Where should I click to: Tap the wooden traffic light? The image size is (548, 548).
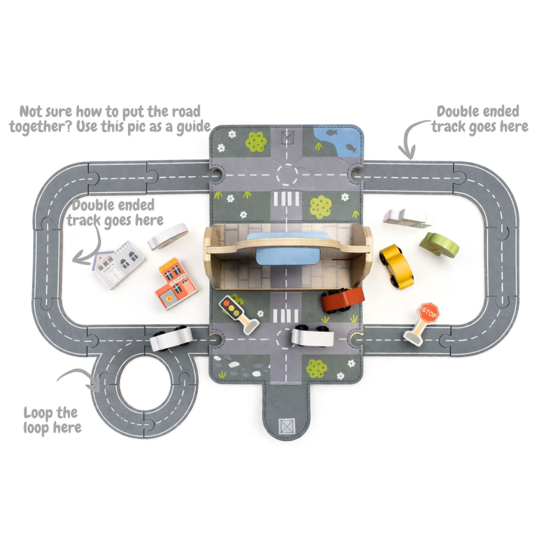point(238,315)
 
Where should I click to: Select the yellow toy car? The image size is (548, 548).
point(396,266)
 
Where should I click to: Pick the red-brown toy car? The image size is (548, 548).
point(342,299)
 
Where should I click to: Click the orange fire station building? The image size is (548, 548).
point(176,284)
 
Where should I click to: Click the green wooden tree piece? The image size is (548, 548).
point(439,245)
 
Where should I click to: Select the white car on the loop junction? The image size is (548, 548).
point(171,338)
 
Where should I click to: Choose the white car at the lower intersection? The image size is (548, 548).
point(313,335)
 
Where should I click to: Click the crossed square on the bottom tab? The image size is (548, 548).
point(287,426)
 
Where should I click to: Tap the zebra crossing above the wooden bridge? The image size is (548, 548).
point(287,199)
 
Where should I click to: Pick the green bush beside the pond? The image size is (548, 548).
point(256,142)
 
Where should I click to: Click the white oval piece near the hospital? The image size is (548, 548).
point(168,236)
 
